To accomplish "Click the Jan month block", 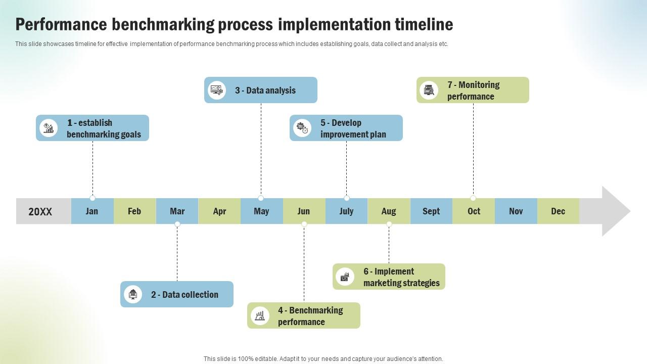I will [x=92, y=211].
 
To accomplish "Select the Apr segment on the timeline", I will [x=219, y=211].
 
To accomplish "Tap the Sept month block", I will [x=431, y=211].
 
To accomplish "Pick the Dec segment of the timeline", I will [x=558, y=211].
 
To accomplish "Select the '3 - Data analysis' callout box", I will [x=261, y=90].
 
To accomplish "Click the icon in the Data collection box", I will [x=133, y=294].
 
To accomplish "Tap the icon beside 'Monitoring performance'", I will [x=429, y=90].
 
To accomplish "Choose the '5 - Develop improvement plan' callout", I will [x=346, y=128].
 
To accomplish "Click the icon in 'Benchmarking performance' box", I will [x=260, y=316].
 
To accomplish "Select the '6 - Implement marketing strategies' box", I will [x=389, y=277].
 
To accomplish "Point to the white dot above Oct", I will [x=473, y=198].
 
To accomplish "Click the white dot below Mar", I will [x=177, y=224].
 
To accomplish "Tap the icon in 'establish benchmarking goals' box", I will [x=49, y=128].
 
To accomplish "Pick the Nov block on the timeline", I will [x=516, y=211].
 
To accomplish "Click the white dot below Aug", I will [x=389, y=224].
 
